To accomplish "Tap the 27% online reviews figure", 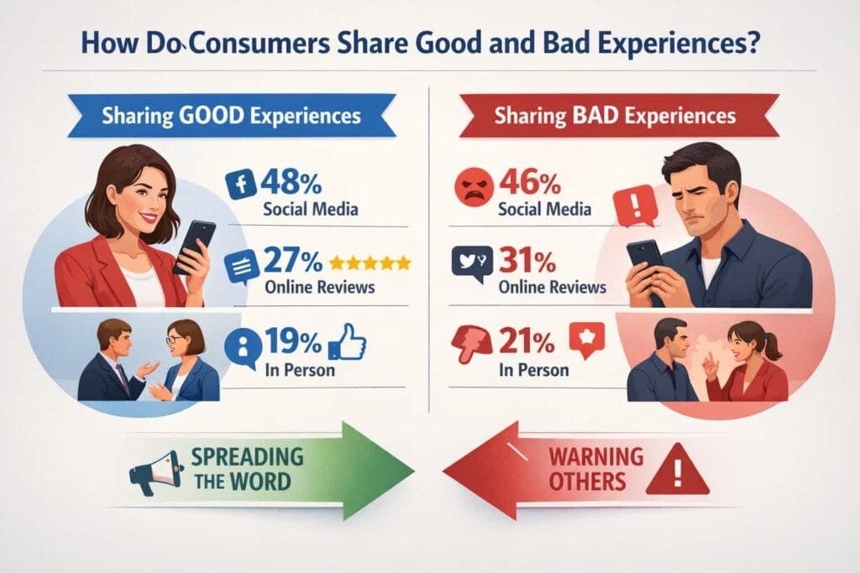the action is pyautogui.click(x=293, y=260).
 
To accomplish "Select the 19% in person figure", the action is pyautogui.click(x=293, y=341).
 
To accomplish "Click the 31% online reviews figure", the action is pyautogui.click(x=527, y=260).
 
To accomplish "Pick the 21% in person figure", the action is pyautogui.click(x=527, y=341).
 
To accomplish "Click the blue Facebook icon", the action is pyautogui.click(x=241, y=184).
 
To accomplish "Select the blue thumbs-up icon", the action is pyautogui.click(x=347, y=342).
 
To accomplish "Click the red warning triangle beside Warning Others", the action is pyautogui.click(x=678, y=470).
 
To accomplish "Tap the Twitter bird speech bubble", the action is pyautogui.click(x=472, y=263).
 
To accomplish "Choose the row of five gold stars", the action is pyautogui.click(x=370, y=263).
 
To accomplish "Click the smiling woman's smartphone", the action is pyautogui.click(x=194, y=247).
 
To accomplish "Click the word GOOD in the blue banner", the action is pyautogui.click(x=212, y=116).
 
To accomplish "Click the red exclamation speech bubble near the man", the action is pyautogui.click(x=636, y=206).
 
